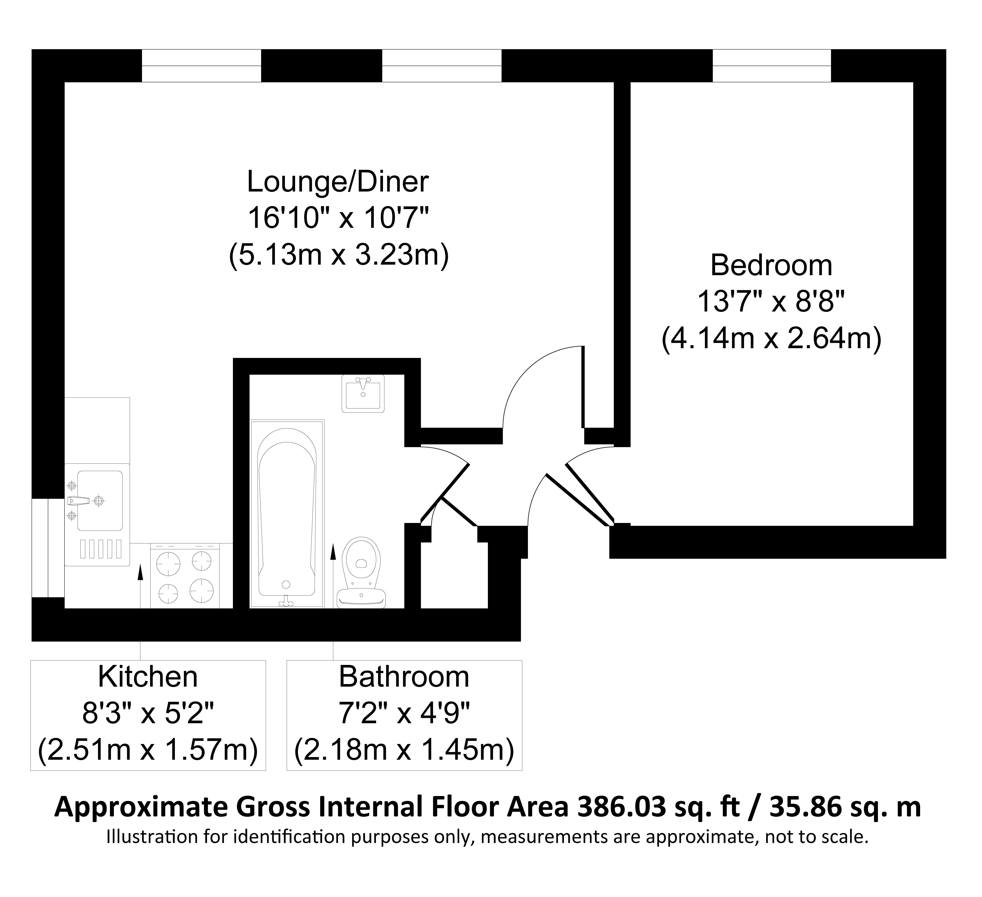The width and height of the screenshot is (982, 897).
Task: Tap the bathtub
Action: (x=287, y=513)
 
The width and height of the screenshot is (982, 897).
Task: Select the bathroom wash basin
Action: (x=363, y=393)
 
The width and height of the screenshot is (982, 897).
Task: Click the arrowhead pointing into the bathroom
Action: (x=333, y=551)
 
